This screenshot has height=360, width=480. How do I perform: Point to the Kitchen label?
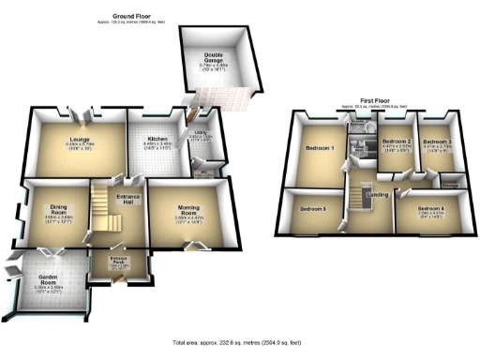(x=156, y=140)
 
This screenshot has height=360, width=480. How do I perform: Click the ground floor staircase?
(x=100, y=208)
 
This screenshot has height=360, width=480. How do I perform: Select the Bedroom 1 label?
(x=321, y=148)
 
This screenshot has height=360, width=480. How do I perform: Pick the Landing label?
(x=378, y=194)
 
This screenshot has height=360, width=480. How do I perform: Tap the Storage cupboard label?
(x=449, y=186)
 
